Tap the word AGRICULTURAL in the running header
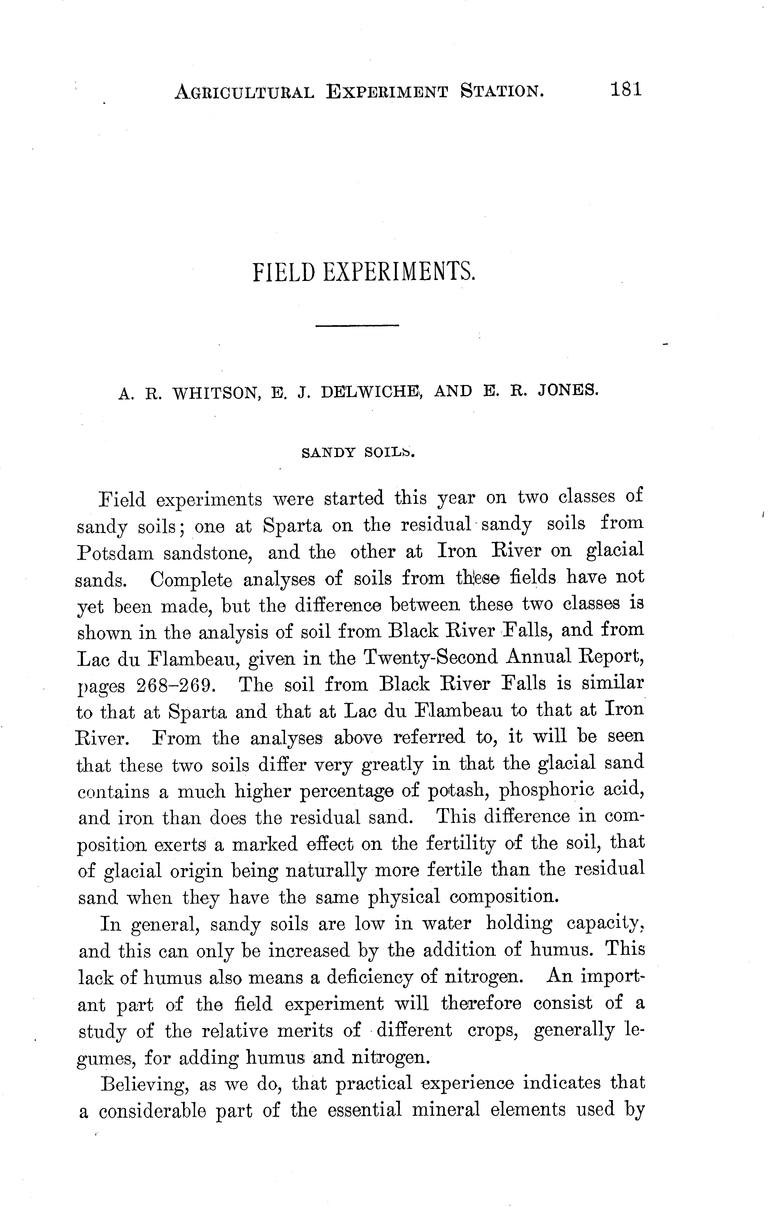(244, 92)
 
